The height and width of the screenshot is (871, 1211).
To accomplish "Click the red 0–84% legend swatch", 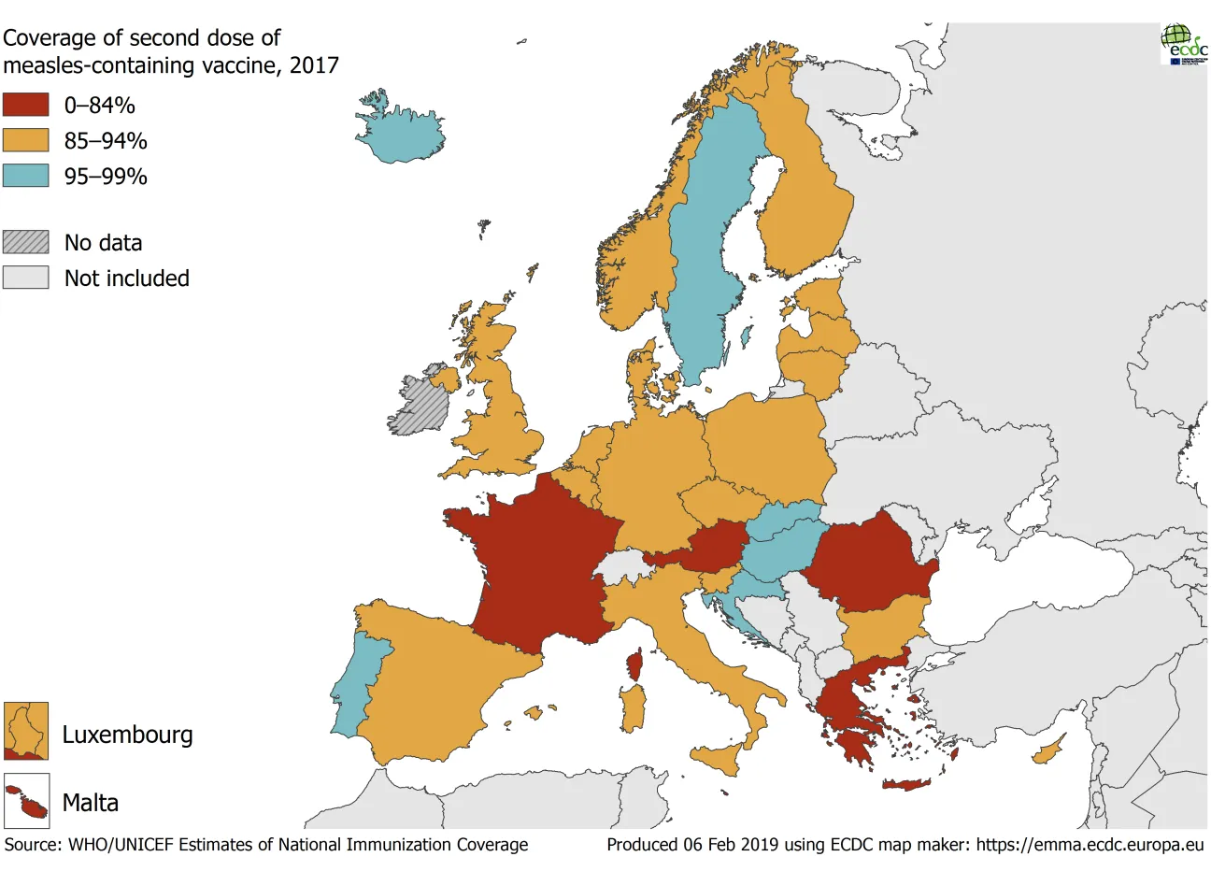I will pos(25,105).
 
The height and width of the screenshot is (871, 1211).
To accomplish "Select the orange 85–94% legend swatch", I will pos(25,140).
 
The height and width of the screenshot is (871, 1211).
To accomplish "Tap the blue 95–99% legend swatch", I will pos(25,176).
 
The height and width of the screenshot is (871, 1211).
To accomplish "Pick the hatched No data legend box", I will pos(25,242).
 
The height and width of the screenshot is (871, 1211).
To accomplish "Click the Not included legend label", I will pos(126,278).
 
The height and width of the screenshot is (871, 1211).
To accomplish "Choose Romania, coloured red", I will pos(869,561).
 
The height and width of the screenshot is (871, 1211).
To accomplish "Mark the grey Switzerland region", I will pos(620,566).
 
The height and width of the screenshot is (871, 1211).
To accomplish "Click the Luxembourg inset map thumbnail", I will pos(26,731).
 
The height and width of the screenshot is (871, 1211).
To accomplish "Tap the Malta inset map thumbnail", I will pos(26,802).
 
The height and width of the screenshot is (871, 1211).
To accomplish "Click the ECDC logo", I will pos(1184,43).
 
